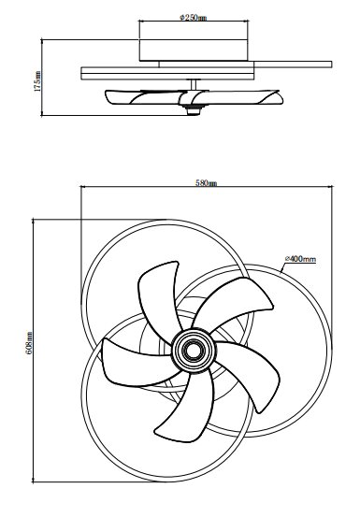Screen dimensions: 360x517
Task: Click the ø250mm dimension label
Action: point(194,18)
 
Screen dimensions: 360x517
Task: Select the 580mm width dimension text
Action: point(207,183)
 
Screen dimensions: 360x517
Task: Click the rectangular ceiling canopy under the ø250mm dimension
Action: point(194,50)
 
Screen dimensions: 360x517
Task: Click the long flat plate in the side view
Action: point(206,68)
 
